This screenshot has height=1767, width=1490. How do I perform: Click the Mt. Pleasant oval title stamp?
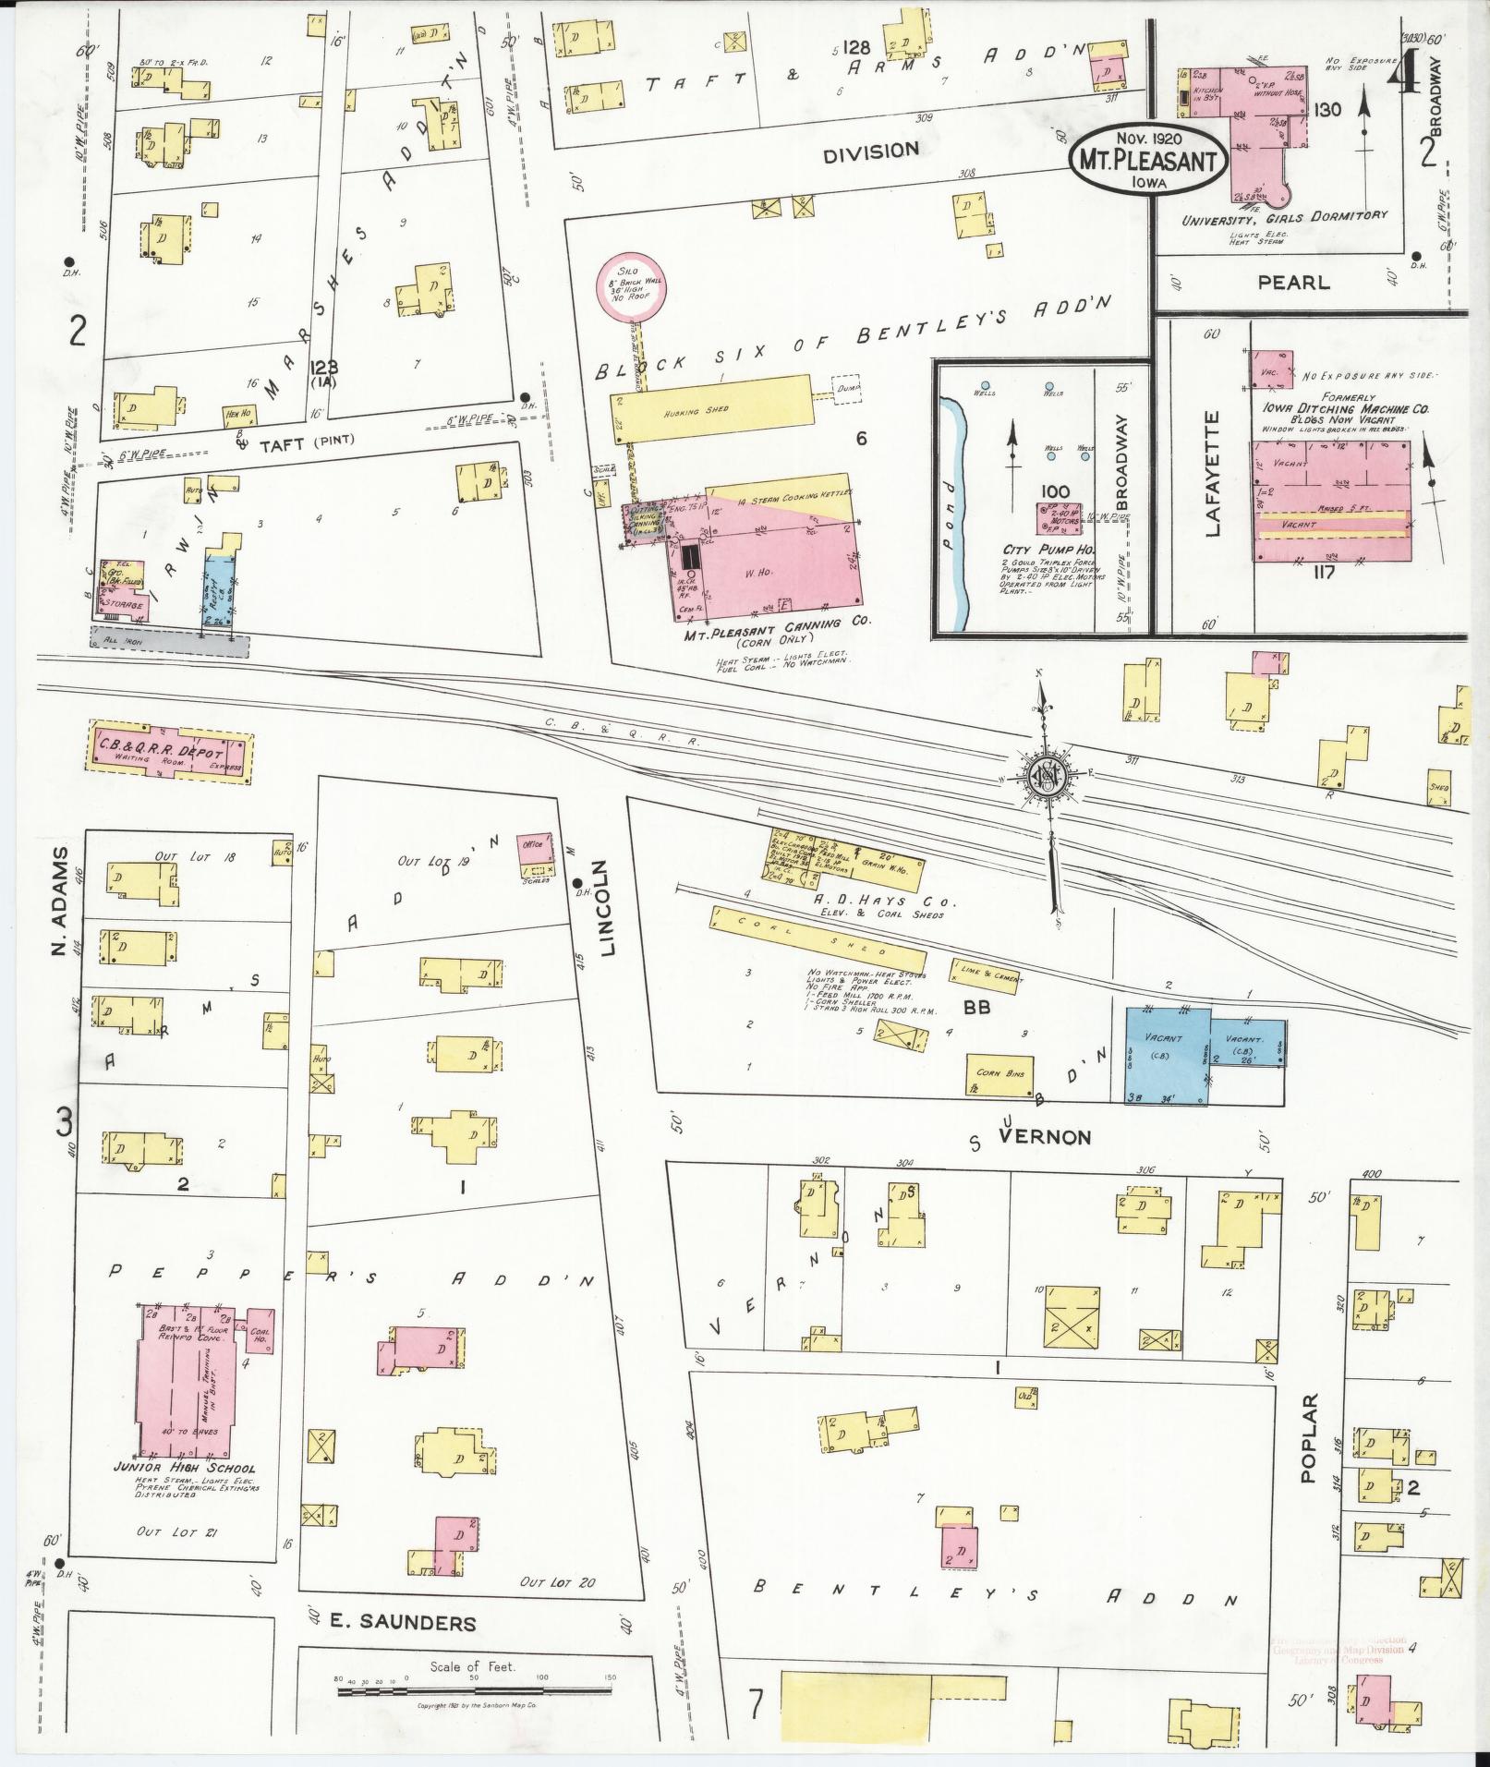(1149, 158)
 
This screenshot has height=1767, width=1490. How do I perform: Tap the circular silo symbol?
(630, 289)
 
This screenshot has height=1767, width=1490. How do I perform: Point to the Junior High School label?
(197, 1468)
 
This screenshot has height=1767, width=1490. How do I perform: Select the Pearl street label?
(1293, 283)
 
